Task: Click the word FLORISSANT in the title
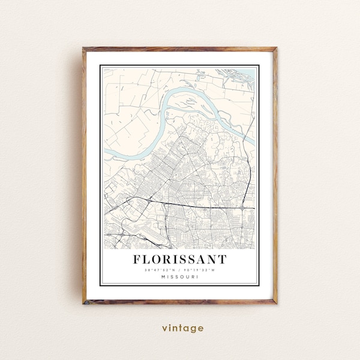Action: tap(179, 260)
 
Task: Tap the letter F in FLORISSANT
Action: tap(137, 260)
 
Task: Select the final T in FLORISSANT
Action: tap(223, 260)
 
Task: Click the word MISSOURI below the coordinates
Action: tap(179, 277)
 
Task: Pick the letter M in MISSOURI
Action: tap(163, 277)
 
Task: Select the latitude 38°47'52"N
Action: tap(160, 270)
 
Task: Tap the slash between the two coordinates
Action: tap(180, 270)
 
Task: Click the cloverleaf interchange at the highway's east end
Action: tap(242, 208)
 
